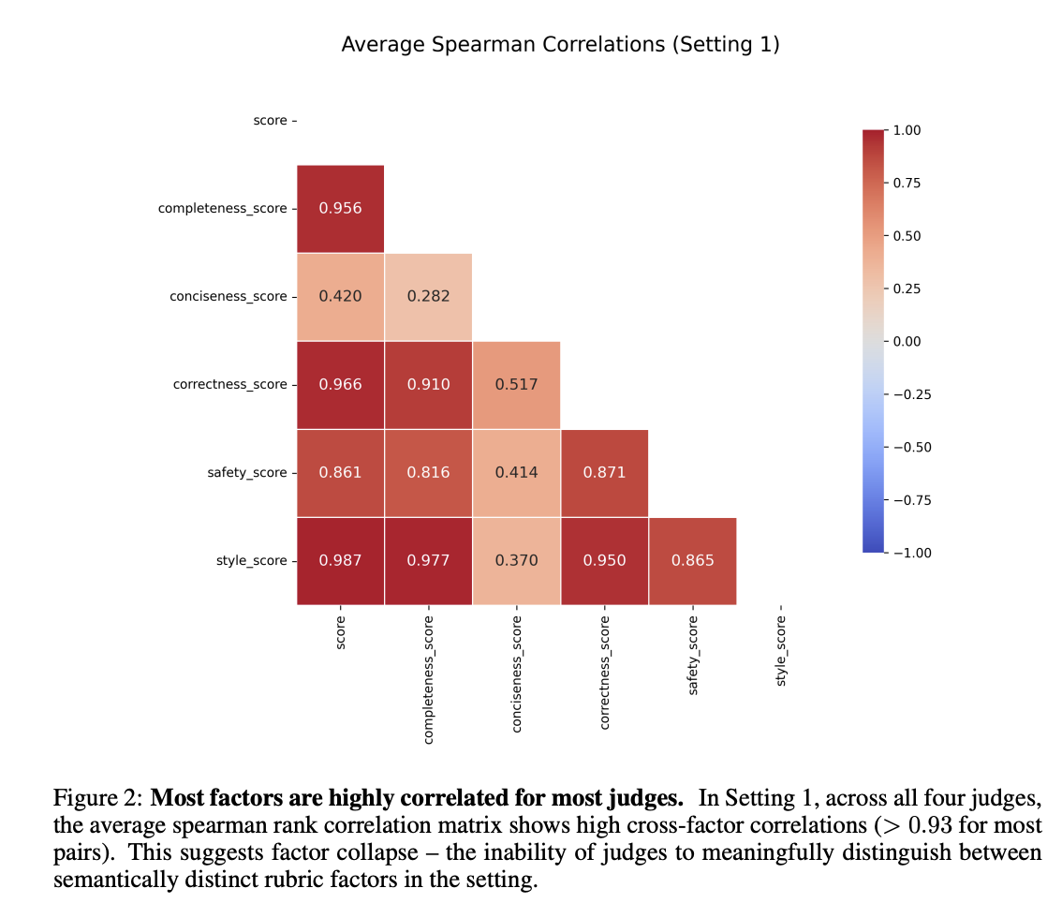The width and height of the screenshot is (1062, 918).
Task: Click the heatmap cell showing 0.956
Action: point(340,208)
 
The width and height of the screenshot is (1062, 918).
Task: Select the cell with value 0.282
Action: point(428,296)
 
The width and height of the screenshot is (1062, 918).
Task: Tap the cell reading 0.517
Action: point(516,384)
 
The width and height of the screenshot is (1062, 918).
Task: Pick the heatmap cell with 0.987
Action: point(340,560)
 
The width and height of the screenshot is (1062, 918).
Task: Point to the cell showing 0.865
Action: point(692,560)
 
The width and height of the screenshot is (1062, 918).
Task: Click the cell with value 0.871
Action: point(604,472)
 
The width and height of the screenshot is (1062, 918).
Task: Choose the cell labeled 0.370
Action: point(516,560)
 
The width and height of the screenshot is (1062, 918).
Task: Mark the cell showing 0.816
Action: point(428,472)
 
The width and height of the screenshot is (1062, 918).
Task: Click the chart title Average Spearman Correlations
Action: point(560,44)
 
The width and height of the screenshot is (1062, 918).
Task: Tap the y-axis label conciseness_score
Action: point(229,296)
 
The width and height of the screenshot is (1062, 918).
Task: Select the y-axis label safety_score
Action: point(247,472)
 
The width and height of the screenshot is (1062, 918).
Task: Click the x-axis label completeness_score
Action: point(428,679)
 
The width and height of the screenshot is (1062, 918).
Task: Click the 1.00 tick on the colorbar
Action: point(907,130)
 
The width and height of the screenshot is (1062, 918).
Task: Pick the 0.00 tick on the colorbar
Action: point(907,341)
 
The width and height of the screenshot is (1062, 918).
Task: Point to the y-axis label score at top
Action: point(270,121)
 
